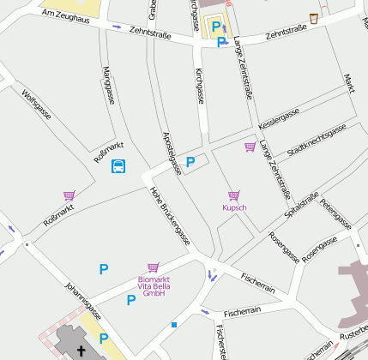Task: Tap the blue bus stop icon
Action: click(118, 166)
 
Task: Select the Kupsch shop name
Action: click(234, 208)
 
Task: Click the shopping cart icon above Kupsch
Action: click(233, 196)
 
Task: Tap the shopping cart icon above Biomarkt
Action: click(154, 267)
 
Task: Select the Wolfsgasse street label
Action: click(38, 107)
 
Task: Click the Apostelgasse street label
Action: click(172, 153)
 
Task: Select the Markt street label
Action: click(349, 83)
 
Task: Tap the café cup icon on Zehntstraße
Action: click(314, 18)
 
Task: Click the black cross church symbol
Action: click(81, 350)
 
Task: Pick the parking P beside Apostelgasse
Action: click(190, 161)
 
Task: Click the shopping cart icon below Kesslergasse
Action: click(250, 147)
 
